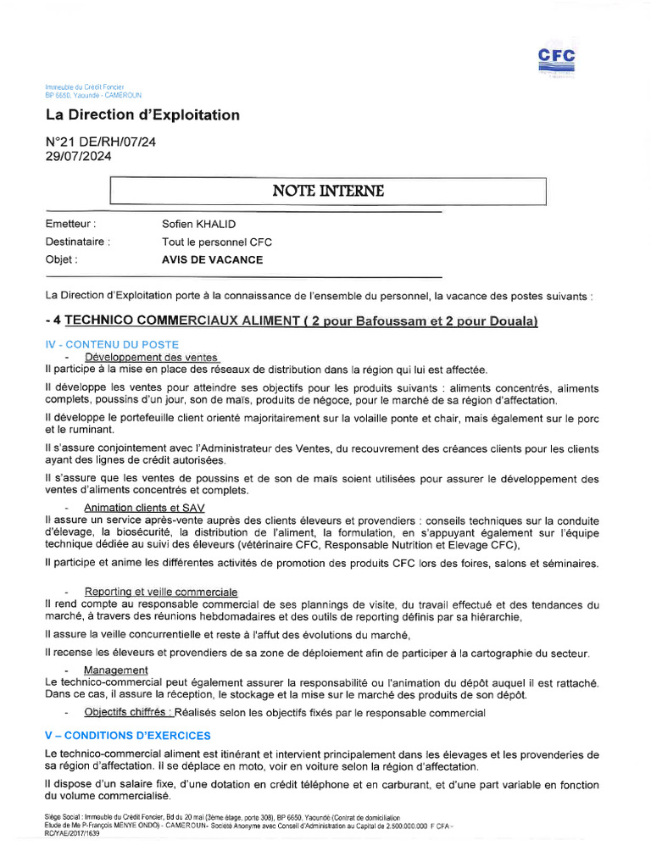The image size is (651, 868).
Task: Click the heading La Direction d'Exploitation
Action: click(x=142, y=114)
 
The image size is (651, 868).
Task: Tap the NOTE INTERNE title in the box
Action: click(x=327, y=191)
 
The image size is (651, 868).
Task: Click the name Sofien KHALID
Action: click(x=198, y=224)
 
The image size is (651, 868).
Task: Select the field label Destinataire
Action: click(x=77, y=242)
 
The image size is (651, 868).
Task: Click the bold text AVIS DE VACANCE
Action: click(x=212, y=259)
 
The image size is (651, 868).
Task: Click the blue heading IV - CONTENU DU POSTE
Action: click(x=111, y=344)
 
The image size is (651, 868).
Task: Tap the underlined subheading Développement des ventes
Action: click(x=151, y=358)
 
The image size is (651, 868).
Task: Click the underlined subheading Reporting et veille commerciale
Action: click(x=161, y=591)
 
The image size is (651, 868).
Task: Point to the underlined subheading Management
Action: click(x=115, y=670)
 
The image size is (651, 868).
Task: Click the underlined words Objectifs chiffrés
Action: click(x=125, y=713)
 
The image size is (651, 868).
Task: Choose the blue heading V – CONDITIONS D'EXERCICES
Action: click(x=127, y=735)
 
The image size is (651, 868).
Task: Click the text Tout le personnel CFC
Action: click(x=216, y=242)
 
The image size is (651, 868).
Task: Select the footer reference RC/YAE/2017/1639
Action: click(x=72, y=833)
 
